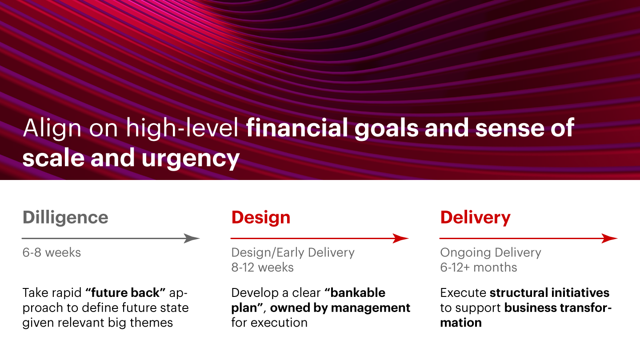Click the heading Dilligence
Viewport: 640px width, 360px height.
[x=65, y=218]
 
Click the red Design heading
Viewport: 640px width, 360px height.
[x=261, y=218]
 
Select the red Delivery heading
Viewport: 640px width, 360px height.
[x=476, y=218]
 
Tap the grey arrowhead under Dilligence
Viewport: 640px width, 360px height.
[x=192, y=238]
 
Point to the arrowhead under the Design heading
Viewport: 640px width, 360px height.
[x=400, y=238]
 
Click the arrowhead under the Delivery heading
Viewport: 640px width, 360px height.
[x=609, y=238]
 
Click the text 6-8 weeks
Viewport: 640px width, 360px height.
[x=52, y=252]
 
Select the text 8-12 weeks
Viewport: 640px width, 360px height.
[x=262, y=268]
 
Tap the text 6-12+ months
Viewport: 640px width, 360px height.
[x=479, y=268]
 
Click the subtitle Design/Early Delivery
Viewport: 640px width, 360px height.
[x=293, y=253]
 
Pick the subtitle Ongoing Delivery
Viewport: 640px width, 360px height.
[x=491, y=253]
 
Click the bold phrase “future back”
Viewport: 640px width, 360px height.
[x=125, y=292]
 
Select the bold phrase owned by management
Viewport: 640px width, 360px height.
[x=340, y=308]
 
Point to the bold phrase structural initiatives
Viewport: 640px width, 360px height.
[x=549, y=293]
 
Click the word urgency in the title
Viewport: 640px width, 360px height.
[x=191, y=159]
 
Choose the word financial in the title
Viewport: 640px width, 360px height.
[x=297, y=128]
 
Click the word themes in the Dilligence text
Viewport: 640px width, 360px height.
[x=152, y=323]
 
